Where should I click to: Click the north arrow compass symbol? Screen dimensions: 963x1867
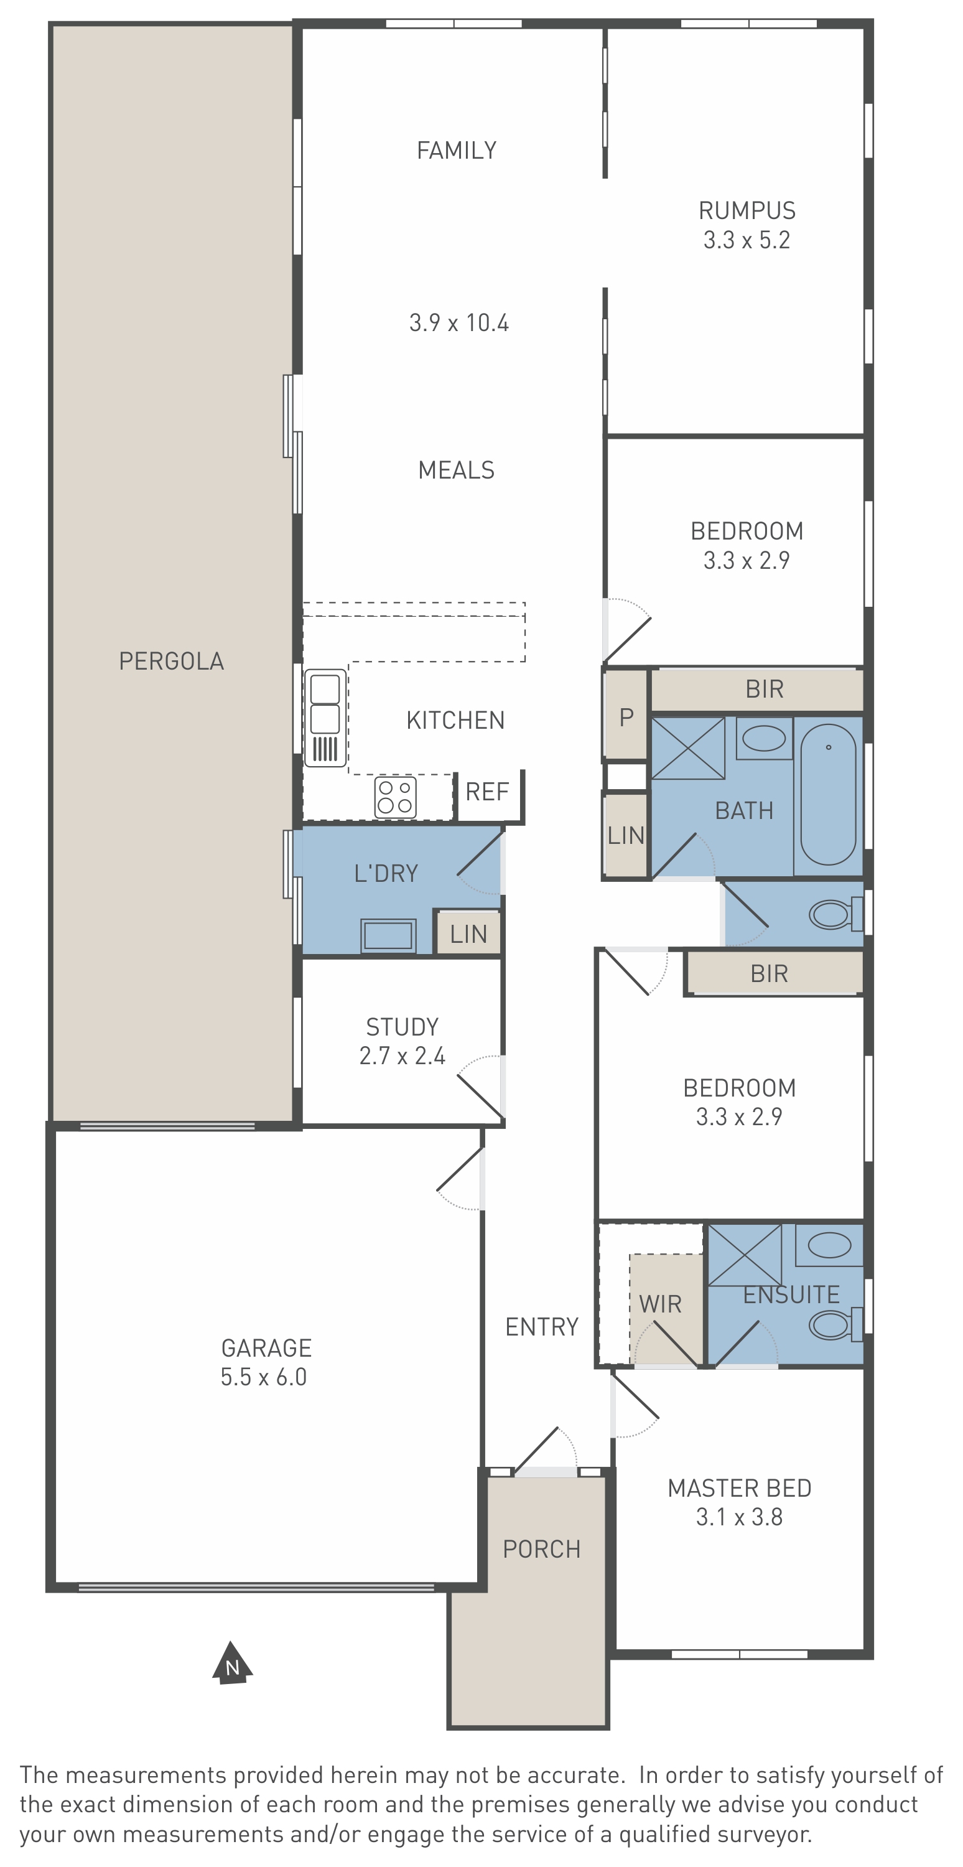tap(232, 1663)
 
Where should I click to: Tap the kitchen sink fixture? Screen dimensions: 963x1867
tap(325, 718)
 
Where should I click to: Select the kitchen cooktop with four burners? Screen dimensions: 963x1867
tap(395, 797)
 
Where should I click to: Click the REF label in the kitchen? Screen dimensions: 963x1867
tap(487, 792)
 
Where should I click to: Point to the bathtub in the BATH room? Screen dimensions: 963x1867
tap(828, 794)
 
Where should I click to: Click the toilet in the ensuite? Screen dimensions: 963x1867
tap(835, 1324)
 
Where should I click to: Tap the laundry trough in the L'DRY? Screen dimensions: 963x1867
tap(388, 935)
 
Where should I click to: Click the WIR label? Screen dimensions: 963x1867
tap(660, 1304)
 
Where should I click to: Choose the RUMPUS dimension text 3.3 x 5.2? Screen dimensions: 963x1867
tap(747, 240)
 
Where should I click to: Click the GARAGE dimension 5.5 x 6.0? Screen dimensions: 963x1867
tap(264, 1377)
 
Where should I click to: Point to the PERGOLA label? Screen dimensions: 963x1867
tap(172, 661)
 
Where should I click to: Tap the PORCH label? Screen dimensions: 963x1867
tap(542, 1549)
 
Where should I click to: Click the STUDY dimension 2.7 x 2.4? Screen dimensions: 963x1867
tap(402, 1055)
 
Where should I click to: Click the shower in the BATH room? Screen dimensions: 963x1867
tap(689, 748)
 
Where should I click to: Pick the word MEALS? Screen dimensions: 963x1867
tap(457, 470)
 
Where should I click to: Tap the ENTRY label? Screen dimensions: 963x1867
tap(542, 1327)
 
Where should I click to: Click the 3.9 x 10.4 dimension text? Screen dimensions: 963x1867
tap(458, 322)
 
